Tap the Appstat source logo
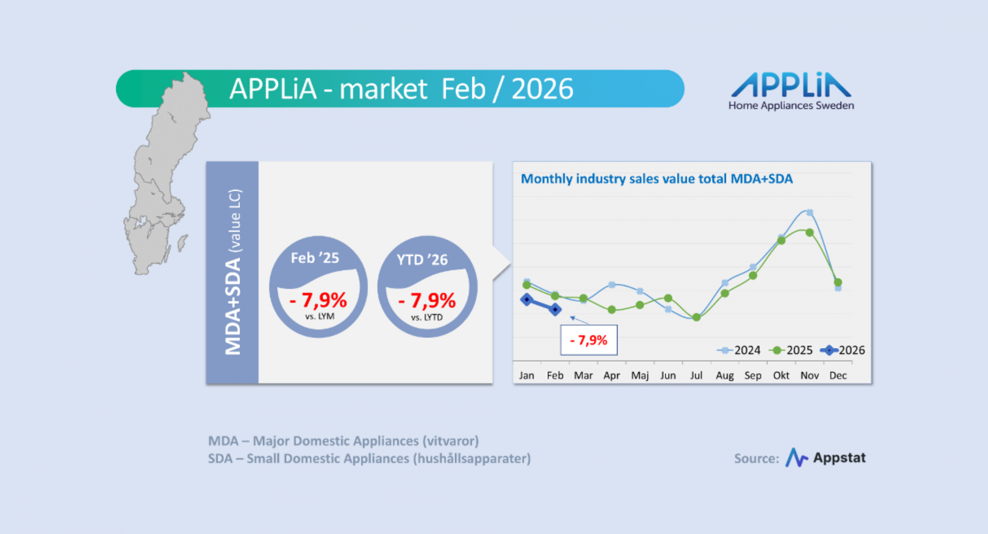[825, 457]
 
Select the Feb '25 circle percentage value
[319, 300]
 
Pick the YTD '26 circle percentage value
[427, 300]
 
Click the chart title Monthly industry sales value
[657, 179]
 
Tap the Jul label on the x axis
[696, 375]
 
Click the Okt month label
[781, 375]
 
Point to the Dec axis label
[838, 375]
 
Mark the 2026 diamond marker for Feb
[555, 309]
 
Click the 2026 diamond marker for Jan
[526, 299]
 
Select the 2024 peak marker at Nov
[809, 212]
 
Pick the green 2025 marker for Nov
[809, 233]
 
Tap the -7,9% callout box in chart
[589, 340]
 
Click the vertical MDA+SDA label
[233, 272]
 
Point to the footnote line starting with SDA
[369, 458]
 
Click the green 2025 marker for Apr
[612, 309]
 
